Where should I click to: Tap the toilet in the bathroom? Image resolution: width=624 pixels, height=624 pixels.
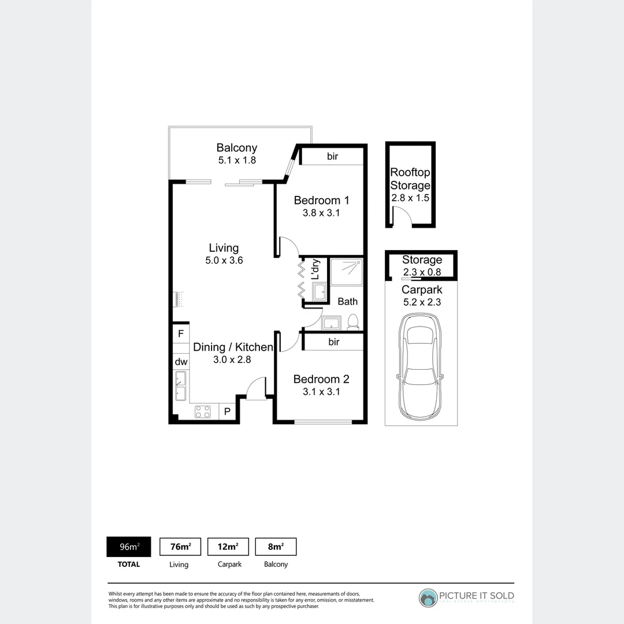(352, 322)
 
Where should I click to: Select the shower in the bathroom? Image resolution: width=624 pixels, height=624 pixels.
(347, 272)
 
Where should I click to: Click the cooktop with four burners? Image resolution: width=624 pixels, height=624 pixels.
(203, 411)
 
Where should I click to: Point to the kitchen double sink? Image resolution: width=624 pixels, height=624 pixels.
(180, 386)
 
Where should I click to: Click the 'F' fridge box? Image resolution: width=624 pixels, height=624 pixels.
(181, 333)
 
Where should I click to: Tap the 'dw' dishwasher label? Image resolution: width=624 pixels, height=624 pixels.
(181, 362)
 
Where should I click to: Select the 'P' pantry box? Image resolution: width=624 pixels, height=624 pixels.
(228, 411)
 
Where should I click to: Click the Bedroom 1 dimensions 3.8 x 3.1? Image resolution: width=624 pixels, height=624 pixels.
(321, 213)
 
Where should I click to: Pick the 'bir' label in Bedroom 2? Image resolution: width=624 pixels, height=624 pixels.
(333, 342)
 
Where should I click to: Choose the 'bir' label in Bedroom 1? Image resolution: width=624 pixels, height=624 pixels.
(332, 156)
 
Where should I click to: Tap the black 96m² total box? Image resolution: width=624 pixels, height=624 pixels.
(128, 547)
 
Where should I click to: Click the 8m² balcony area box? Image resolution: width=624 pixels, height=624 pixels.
(276, 547)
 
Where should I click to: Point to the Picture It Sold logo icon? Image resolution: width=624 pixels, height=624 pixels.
(428, 599)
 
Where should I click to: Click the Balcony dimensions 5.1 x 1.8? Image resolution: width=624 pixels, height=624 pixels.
(237, 160)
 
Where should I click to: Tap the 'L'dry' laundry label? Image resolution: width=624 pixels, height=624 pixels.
(315, 270)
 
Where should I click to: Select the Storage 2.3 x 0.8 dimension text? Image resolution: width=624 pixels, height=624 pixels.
(422, 271)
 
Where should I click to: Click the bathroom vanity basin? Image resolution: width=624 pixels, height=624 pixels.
(331, 322)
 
